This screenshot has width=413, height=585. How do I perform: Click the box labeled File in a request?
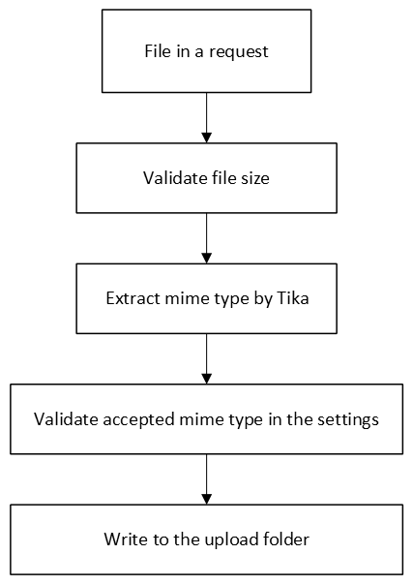[x=206, y=51]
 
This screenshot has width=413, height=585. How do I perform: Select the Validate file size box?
[x=206, y=179]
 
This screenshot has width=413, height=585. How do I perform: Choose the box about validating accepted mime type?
[x=206, y=419]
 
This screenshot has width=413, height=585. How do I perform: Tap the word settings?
[x=346, y=420]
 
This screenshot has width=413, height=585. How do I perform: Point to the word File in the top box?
[x=158, y=51]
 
